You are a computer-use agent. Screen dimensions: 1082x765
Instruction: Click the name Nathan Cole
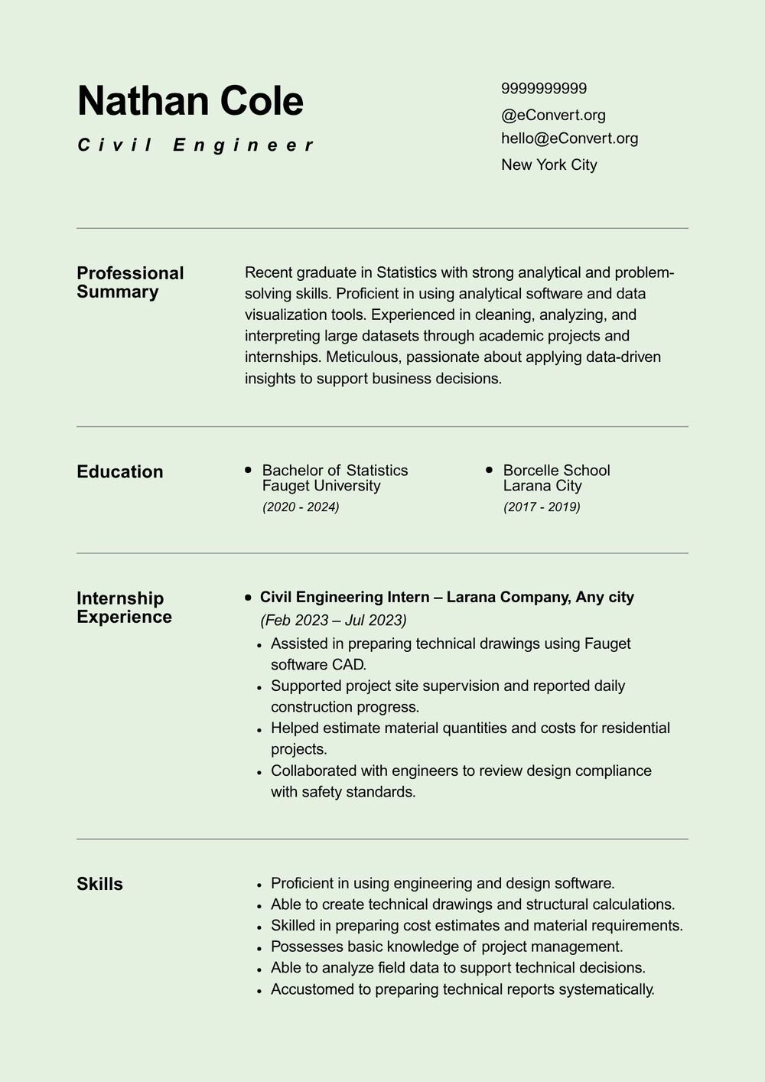(x=190, y=101)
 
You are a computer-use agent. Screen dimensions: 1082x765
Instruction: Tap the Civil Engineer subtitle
(x=196, y=145)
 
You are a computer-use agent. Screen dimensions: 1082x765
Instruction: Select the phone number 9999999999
(x=544, y=89)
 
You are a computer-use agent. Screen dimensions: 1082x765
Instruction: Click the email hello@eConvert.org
(x=569, y=139)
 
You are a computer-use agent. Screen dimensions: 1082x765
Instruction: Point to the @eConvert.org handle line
(x=553, y=116)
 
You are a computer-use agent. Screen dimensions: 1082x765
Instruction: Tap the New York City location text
(x=549, y=165)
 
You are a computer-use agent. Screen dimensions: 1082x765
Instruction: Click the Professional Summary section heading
(x=130, y=282)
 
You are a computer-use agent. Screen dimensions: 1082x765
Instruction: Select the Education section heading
(x=120, y=471)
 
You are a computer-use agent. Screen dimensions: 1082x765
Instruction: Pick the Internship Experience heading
(x=124, y=608)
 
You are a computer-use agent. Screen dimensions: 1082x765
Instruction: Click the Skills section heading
(x=99, y=884)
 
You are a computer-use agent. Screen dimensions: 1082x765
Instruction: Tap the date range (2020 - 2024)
(x=301, y=507)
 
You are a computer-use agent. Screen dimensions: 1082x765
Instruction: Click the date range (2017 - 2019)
(x=542, y=507)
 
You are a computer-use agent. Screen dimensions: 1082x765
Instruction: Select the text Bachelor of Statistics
(x=334, y=470)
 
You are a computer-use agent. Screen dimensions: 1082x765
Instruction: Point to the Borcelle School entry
(x=556, y=470)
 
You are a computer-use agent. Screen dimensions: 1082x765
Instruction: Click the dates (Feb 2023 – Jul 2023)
(x=334, y=620)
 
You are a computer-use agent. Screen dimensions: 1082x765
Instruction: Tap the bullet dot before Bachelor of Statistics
(x=248, y=469)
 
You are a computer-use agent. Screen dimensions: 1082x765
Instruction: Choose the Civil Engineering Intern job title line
(x=447, y=597)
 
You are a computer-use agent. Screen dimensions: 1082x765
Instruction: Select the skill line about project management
(x=447, y=947)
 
